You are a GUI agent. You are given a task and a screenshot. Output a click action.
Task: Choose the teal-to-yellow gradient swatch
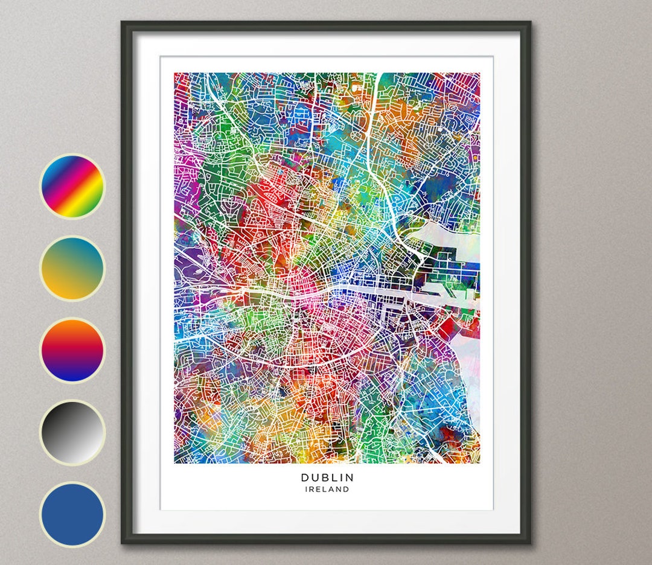pos(72,268)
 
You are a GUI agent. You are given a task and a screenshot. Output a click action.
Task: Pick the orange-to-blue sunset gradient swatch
pos(72,350)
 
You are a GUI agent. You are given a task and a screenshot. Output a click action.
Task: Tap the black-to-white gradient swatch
pos(72,432)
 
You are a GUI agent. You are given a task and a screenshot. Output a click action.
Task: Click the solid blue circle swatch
pos(72,514)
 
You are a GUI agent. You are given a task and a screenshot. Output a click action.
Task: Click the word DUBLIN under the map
pos(327,477)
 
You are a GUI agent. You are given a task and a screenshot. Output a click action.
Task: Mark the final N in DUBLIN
pos(351,477)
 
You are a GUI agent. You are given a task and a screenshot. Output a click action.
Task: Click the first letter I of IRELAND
pos(306,490)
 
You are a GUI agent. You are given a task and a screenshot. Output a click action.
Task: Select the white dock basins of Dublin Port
pos(453,284)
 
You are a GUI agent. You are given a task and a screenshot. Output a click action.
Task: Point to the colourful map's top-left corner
pos(176,74)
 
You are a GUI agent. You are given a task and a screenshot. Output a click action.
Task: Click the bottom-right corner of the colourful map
pos(479,462)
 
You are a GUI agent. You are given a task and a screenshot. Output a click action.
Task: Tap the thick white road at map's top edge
pos(380,78)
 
